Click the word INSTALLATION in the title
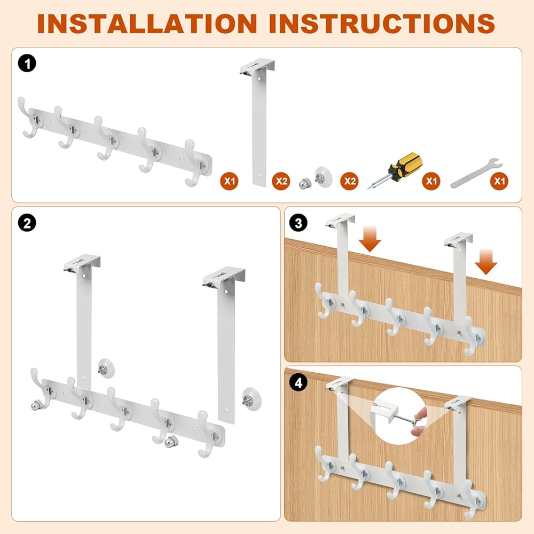[x=147, y=23]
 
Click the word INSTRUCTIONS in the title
[x=382, y=23]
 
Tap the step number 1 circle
[x=27, y=64]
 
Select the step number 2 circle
[x=27, y=223]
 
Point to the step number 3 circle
[x=299, y=223]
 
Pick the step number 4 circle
[x=299, y=382]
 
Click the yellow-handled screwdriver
[x=395, y=170]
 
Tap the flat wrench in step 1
[x=476, y=173]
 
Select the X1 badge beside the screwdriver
[x=431, y=181]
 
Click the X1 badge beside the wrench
[x=499, y=181]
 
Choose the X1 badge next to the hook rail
[x=229, y=181]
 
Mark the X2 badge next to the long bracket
[x=281, y=181]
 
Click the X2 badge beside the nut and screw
[x=349, y=181]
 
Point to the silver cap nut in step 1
[x=305, y=183]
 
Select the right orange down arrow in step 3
[x=486, y=262]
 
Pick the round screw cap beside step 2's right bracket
[x=253, y=398]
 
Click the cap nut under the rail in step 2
[x=171, y=442]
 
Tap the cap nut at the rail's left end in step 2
[x=36, y=405]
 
